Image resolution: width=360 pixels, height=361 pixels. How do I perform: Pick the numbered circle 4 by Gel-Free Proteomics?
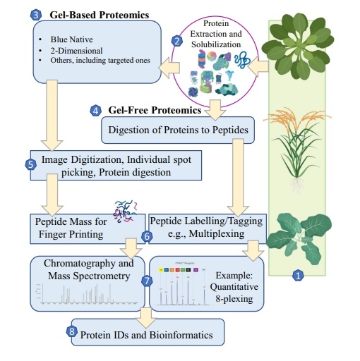[x=96, y=111]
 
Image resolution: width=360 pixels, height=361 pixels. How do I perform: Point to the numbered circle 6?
[x=147, y=236]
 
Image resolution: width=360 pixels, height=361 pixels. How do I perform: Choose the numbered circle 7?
[x=147, y=280]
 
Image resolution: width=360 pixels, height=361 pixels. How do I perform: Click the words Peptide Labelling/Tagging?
[x=205, y=221]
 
